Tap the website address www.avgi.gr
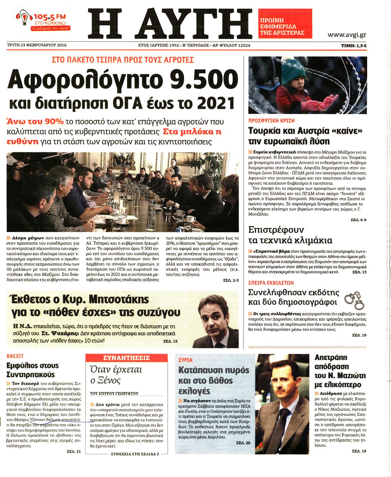(346, 35)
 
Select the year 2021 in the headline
(215, 103)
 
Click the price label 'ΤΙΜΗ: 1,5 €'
(353, 45)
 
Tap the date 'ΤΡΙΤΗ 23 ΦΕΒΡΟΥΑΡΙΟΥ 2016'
(37, 45)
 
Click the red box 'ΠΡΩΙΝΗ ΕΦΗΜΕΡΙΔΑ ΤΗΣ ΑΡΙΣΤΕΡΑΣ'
(285, 23)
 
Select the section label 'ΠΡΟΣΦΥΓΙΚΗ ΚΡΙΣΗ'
(271, 121)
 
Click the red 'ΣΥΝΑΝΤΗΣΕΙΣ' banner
(126, 358)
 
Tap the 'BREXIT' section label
(15, 356)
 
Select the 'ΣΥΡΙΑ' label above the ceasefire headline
(186, 360)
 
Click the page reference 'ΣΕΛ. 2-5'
(231, 280)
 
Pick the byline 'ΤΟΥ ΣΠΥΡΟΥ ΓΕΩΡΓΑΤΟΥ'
(114, 393)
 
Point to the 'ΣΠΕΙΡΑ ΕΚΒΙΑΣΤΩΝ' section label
(271, 283)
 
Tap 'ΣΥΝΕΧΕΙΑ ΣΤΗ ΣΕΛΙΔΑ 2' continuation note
(135, 454)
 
